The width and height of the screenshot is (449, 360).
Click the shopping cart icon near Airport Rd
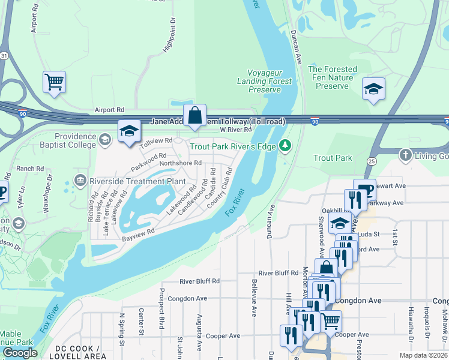coord(54,82)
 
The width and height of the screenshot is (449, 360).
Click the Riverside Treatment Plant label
coord(137,181)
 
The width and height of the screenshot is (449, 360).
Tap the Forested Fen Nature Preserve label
coord(332,77)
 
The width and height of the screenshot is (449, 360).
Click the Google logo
coord(20,352)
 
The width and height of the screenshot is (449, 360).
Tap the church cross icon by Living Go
coord(406,156)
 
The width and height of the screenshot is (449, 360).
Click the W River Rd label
coord(235,130)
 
